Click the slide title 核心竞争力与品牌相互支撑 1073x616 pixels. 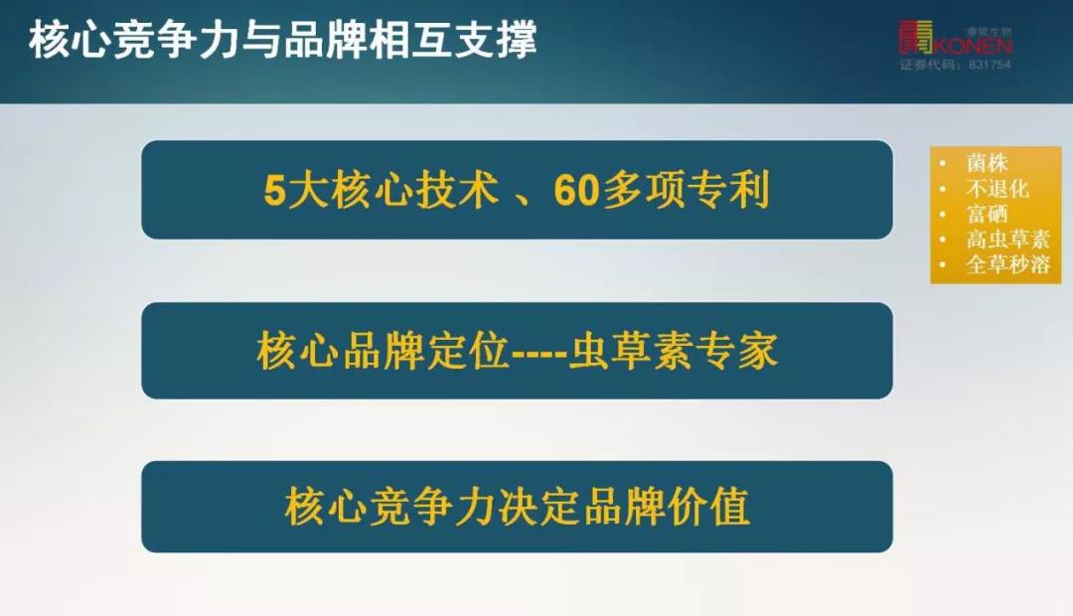tap(283, 41)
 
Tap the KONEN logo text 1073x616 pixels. tap(972, 46)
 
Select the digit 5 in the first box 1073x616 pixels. tap(274, 191)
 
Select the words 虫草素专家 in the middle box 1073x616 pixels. tap(673, 352)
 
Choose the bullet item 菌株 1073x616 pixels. tap(987, 163)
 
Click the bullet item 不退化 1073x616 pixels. tap(996, 189)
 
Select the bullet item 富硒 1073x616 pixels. tap(987, 214)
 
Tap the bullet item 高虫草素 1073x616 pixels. tap(1007, 239)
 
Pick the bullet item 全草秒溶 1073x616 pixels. tap(1007, 265)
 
